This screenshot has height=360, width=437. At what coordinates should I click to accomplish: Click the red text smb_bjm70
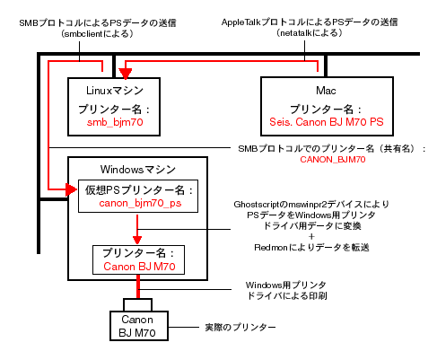pyautogui.click(x=115, y=122)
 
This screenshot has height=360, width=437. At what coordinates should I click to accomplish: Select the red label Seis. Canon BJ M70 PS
pyautogui.click(x=327, y=122)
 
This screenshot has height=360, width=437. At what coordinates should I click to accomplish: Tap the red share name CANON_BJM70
pyautogui.click(x=333, y=160)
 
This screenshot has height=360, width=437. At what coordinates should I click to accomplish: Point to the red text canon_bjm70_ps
pyautogui.click(x=140, y=203)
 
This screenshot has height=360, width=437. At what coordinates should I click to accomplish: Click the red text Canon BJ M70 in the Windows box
pyautogui.click(x=139, y=267)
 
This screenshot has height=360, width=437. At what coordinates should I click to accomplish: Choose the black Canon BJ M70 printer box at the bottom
pyautogui.click(x=139, y=326)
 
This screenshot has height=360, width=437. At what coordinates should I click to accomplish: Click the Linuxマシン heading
pyautogui.click(x=115, y=91)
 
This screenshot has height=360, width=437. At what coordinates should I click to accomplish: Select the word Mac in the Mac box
pyautogui.click(x=326, y=91)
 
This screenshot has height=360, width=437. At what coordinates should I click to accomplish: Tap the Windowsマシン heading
pyautogui.click(x=138, y=170)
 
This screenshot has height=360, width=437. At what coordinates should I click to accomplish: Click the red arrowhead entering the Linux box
pyautogui.click(x=126, y=74)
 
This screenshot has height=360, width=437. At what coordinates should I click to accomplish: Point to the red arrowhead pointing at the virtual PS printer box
pyautogui.click(x=71, y=189)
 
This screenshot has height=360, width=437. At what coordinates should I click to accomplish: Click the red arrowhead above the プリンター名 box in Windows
pyautogui.click(x=137, y=240)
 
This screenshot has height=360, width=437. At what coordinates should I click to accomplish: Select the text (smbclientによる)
pyautogui.click(x=98, y=33)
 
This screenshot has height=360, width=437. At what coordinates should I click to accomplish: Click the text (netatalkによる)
pyautogui.click(x=310, y=32)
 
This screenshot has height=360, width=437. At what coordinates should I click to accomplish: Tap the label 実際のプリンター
pyautogui.click(x=240, y=327)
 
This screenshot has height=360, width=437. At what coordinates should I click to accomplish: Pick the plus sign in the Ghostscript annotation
pyautogui.click(x=311, y=236)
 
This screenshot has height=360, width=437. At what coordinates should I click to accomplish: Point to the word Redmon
pyautogui.click(x=271, y=248)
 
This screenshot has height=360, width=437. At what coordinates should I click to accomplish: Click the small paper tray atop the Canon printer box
pyautogui.click(x=137, y=304)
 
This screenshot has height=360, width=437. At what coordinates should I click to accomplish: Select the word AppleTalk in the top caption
pyautogui.click(x=241, y=22)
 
